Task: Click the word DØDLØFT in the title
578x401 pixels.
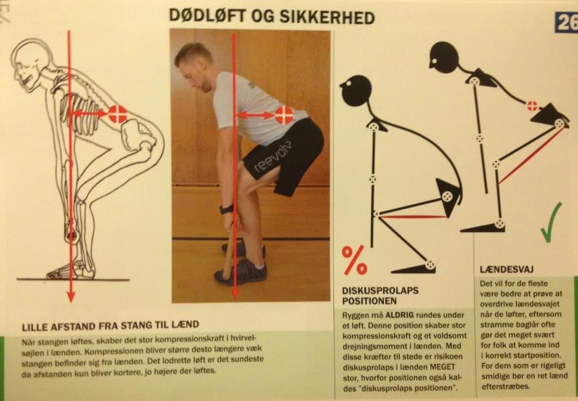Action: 207,17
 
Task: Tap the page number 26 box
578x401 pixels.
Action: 566,23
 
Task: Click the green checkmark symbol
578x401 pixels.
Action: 551,222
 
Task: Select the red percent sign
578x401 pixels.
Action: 354,260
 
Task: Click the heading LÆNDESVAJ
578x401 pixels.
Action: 507,269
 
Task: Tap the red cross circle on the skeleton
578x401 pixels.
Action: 118,115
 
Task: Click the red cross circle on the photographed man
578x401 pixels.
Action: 284,115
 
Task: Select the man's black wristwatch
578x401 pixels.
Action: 227,209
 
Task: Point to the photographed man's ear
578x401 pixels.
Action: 202,67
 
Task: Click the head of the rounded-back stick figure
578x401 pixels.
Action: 355,90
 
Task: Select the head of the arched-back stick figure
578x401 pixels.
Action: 443,57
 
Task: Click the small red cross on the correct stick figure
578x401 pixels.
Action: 532,106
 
